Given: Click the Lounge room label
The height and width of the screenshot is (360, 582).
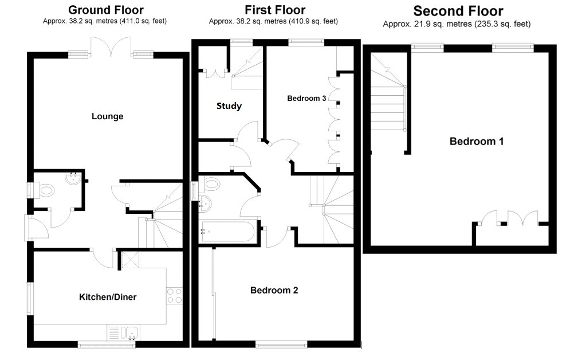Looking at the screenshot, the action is (107, 116).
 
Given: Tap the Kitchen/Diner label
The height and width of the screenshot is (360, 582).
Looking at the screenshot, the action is (108, 297).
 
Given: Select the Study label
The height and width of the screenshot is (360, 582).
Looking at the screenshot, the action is (229, 106).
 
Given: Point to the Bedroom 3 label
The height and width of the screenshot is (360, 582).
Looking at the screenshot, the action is (306, 99).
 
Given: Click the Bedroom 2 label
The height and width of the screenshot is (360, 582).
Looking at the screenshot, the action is (274, 290).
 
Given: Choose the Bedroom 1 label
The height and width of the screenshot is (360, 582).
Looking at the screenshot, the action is (476, 141).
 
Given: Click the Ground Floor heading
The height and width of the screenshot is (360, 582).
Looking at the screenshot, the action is (106, 10).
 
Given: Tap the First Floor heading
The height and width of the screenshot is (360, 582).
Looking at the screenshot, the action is (275, 10).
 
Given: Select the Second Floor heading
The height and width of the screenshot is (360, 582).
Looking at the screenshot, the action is (458, 11).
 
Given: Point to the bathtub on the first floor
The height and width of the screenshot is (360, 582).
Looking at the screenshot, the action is (228, 232).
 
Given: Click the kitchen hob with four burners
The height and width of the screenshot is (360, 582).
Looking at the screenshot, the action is (174, 295).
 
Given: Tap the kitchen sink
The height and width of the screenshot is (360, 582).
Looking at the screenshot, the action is (129, 332).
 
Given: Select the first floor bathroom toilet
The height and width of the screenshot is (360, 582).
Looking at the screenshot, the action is (211, 184).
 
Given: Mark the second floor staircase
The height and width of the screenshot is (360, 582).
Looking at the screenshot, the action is (388, 100).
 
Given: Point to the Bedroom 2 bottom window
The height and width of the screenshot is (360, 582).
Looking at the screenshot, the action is (274, 345).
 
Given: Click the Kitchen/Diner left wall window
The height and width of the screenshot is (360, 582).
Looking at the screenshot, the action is (30, 298).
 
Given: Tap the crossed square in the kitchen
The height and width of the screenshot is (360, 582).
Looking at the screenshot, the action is (128, 261).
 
